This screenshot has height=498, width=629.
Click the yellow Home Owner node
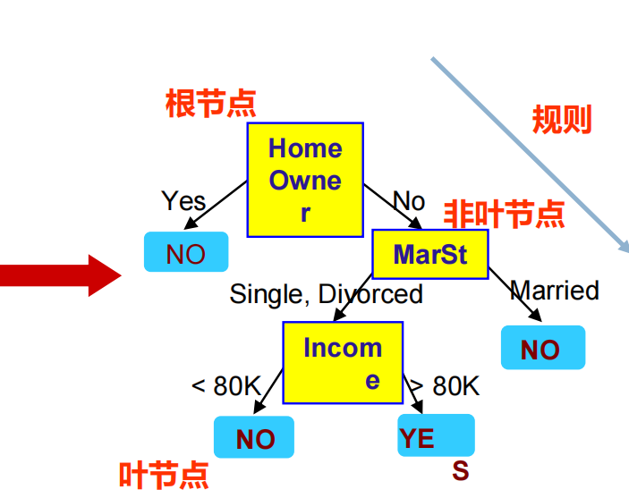pos(305,180)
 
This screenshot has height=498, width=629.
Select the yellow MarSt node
pos(429,254)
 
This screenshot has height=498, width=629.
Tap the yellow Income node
pos(343,362)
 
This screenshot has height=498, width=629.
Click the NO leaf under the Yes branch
pos(186,253)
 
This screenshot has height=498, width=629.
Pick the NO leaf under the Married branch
pos(542,348)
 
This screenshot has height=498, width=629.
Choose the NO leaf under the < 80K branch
pos(254,438)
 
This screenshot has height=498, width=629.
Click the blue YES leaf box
pos(436,436)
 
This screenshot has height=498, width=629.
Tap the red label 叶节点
pos(164,475)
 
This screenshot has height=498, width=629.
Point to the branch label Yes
pos(183,200)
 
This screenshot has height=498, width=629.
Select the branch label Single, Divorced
pos(326,293)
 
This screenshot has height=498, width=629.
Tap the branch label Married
pos(555,290)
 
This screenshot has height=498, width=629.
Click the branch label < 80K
pos(225,386)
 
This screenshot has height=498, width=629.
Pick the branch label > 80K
pos(446,386)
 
